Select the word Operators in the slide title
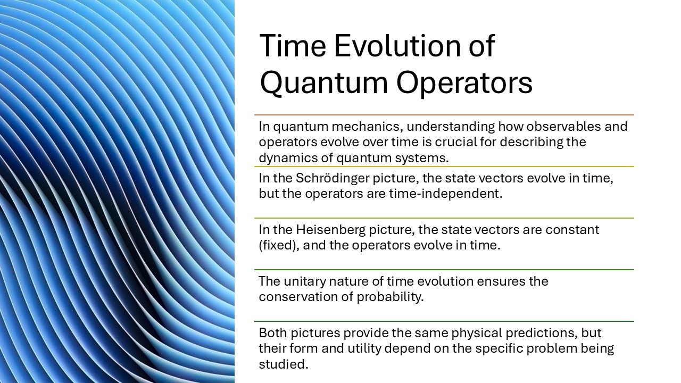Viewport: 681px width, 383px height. click(464, 83)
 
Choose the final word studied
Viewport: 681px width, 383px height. click(283, 365)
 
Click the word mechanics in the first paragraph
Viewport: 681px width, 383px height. click(369, 127)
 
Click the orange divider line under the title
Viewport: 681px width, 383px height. click(444, 115)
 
